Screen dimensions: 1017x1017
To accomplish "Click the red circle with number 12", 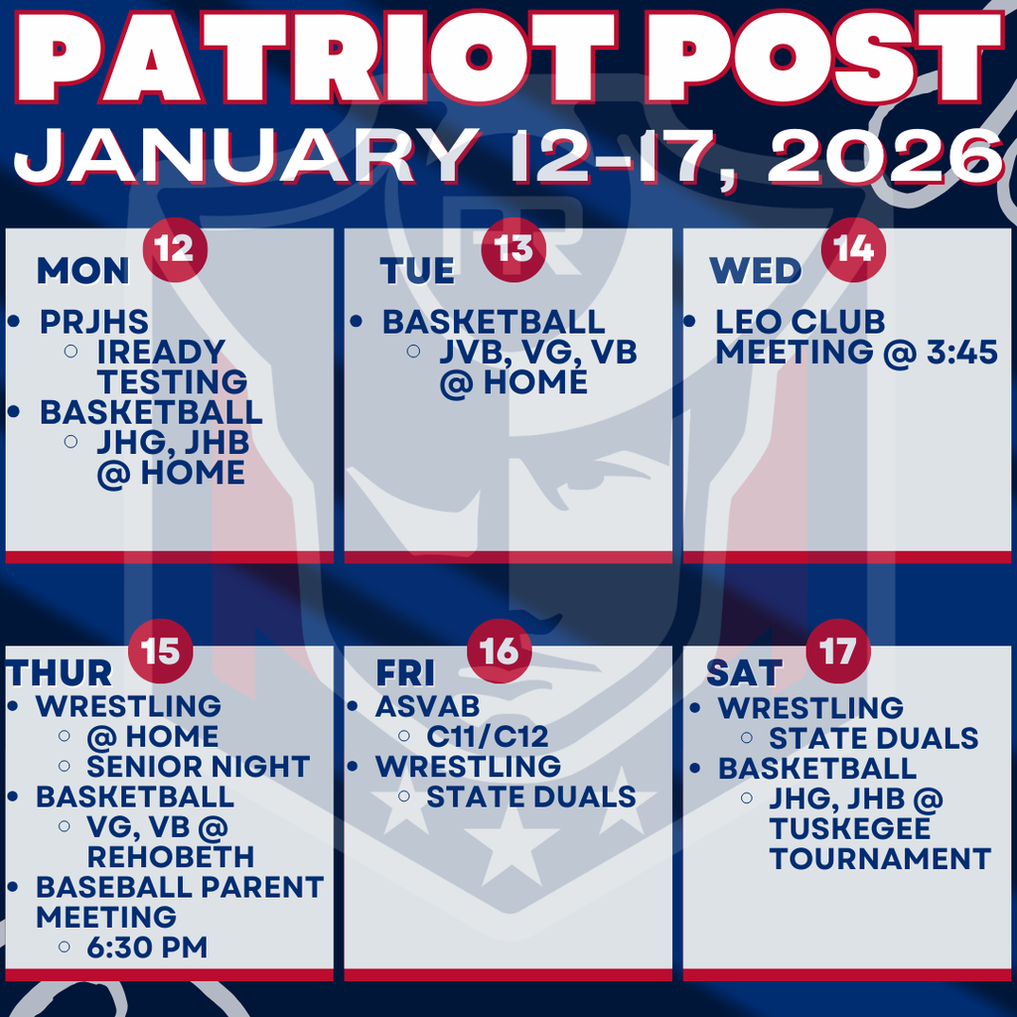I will tap(175, 248).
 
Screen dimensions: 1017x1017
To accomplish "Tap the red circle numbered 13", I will tap(513, 248).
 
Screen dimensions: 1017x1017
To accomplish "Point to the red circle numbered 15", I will tap(161, 651).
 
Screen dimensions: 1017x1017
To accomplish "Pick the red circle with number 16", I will tap(500, 651).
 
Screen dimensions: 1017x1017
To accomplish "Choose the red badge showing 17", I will tap(838, 651).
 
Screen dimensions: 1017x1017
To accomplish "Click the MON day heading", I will tap(83, 271).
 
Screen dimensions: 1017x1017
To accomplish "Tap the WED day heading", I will tap(756, 271).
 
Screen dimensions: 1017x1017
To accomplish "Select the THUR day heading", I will tap(60, 673).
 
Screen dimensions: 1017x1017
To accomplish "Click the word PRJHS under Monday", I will tap(94, 323).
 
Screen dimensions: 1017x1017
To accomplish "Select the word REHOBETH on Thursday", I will tap(170, 856).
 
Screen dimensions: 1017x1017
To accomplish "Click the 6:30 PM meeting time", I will tap(147, 946).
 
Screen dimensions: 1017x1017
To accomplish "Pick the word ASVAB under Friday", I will tap(428, 706).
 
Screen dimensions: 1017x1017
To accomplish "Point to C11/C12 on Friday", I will tap(488, 737).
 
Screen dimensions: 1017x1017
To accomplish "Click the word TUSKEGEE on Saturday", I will tap(850, 828).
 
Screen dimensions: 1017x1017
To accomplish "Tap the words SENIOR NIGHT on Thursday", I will tap(199, 767).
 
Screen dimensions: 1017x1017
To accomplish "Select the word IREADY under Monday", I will tap(161, 352).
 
